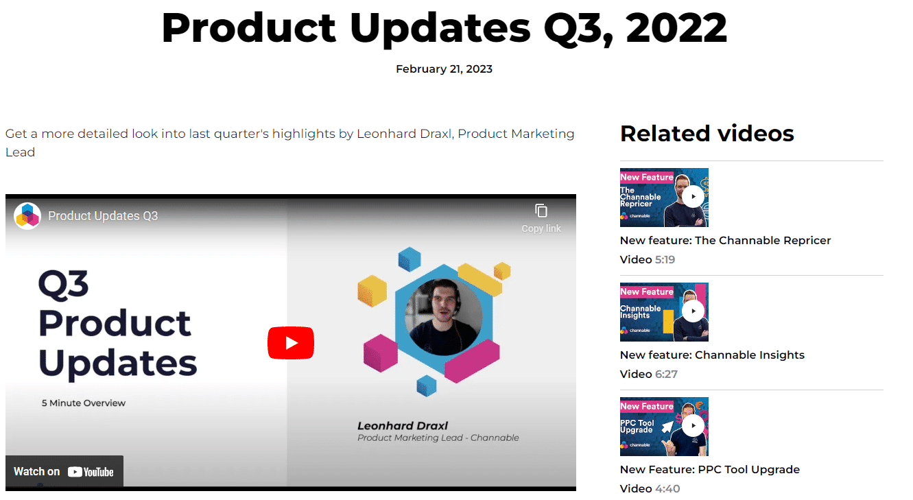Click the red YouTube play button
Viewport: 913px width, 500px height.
pyautogui.click(x=291, y=343)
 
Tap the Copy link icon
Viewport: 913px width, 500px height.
pyautogui.click(x=541, y=211)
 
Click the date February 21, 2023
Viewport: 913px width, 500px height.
pyautogui.click(x=444, y=69)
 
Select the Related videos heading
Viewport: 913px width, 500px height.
pyautogui.click(x=707, y=134)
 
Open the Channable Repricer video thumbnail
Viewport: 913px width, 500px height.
pyautogui.click(x=664, y=198)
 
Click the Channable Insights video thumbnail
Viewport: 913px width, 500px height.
pyautogui.click(x=664, y=312)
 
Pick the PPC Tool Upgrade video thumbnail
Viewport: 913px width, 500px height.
pyautogui.click(x=664, y=426)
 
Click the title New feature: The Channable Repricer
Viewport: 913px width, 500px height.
pyautogui.click(x=725, y=241)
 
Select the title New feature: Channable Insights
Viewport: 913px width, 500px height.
pyautogui.click(x=712, y=355)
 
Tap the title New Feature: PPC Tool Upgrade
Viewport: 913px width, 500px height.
pyautogui.click(x=709, y=469)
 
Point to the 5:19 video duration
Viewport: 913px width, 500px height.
pyautogui.click(x=665, y=259)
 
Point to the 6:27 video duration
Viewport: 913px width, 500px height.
pyautogui.click(x=666, y=374)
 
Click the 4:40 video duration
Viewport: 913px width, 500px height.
pyautogui.click(x=667, y=488)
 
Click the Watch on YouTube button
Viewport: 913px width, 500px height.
pyautogui.click(x=64, y=471)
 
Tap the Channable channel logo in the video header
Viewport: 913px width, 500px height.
pyautogui.click(x=27, y=215)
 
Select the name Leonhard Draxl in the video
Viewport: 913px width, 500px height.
pyautogui.click(x=402, y=426)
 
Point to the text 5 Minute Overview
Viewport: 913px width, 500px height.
pyautogui.click(x=84, y=403)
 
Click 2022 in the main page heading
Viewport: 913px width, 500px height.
pyautogui.click(x=676, y=27)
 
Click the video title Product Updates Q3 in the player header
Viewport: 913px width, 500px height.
pyautogui.click(x=103, y=215)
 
